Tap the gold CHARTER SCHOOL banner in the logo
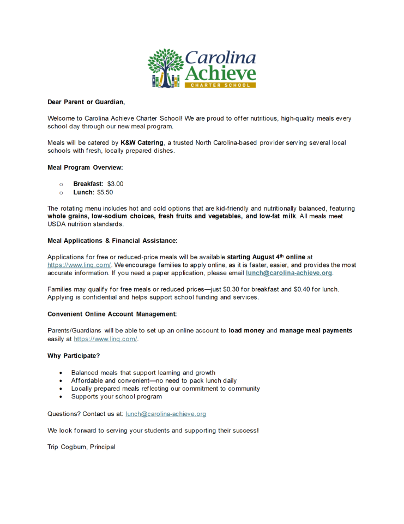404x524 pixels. click(x=220, y=85)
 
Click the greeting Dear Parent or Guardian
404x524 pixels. click(x=86, y=102)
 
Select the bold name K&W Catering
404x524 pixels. click(x=142, y=142)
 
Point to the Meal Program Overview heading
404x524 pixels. click(x=85, y=167)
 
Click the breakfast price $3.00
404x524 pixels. click(x=115, y=184)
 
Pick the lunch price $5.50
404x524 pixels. click(x=105, y=192)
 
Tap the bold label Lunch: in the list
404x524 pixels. click(x=84, y=192)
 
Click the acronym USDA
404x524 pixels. click(x=57, y=224)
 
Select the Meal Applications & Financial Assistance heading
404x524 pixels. click(x=112, y=240)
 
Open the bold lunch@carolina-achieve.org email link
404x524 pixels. click(x=289, y=273)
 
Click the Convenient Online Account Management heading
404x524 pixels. click(x=112, y=314)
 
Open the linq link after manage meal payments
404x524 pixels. click(x=105, y=339)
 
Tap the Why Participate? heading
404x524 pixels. click(x=74, y=355)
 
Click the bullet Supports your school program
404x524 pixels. click(x=116, y=397)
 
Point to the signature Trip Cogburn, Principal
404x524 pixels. click(x=81, y=447)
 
